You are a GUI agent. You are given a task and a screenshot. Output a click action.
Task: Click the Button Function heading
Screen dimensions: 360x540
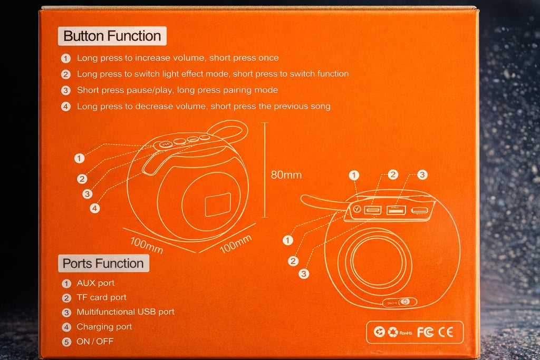pos(112,36)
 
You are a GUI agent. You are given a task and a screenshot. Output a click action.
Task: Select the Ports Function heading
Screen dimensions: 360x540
pos(103,264)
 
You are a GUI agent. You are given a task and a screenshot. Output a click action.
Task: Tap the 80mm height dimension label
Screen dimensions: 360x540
pos(286,175)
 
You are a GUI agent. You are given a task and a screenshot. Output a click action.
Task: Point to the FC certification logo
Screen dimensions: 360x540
pos(425,332)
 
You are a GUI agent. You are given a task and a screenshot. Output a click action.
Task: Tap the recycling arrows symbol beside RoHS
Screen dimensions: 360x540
pos(393,332)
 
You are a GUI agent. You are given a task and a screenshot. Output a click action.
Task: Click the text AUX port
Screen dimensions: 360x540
pos(95,283)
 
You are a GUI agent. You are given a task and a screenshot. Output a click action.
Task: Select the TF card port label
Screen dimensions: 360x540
pos(101,297)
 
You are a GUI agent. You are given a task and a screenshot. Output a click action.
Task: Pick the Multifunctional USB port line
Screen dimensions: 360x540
pos(125,312)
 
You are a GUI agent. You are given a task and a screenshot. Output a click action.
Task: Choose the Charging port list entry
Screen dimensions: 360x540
pos(104,327)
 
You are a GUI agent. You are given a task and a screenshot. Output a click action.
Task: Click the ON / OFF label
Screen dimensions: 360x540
pos(95,341)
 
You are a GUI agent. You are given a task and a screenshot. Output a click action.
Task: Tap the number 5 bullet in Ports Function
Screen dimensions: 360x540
pos(66,342)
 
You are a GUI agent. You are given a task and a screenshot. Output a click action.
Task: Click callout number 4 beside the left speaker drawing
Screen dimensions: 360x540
pos(95,208)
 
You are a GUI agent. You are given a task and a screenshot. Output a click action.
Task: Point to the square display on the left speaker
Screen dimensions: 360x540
pos(217,204)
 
